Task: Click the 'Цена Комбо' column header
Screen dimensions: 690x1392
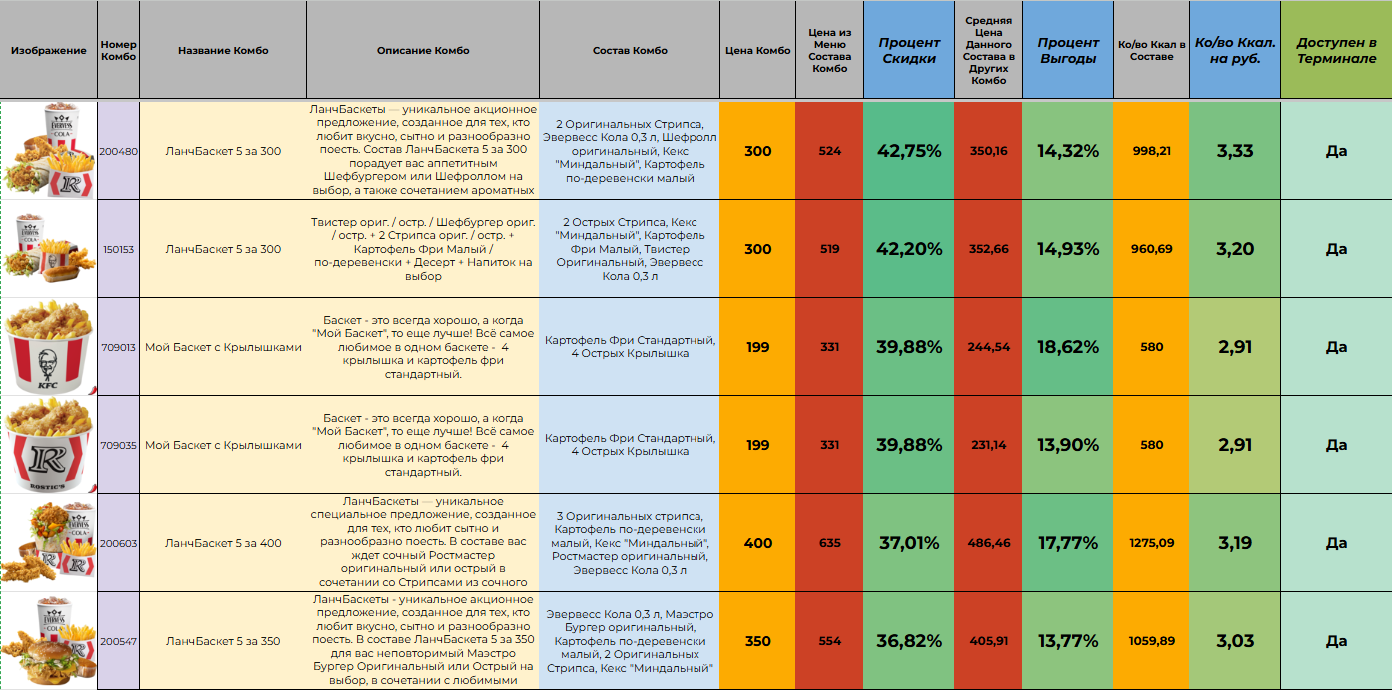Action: (757, 51)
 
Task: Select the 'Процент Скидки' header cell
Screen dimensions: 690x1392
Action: (909, 51)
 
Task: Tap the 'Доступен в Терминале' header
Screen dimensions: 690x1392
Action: (1336, 51)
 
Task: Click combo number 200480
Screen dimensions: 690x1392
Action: (119, 151)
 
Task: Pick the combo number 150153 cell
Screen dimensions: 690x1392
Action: (119, 249)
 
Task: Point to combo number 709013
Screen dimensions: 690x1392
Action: (119, 347)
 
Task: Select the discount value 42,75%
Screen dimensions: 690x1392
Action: (909, 151)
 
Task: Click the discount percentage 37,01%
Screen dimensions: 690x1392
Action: (909, 543)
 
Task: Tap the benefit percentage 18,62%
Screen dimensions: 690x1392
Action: (1067, 347)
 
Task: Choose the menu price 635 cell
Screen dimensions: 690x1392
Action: (829, 543)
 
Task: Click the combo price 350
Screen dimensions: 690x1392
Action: (757, 641)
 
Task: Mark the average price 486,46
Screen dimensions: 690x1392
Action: (988, 543)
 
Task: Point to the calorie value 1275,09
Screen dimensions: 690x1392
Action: (1151, 543)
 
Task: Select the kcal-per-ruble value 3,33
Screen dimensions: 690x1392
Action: (1235, 151)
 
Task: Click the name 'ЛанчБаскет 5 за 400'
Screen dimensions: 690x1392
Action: (223, 543)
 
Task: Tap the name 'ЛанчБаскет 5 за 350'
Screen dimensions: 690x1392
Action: (223, 641)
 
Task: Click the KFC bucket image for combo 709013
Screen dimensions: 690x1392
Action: (49, 347)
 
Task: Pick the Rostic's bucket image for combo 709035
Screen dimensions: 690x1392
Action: (49, 445)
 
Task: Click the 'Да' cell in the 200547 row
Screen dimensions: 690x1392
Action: (1336, 641)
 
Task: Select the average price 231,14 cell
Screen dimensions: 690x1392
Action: (988, 445)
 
